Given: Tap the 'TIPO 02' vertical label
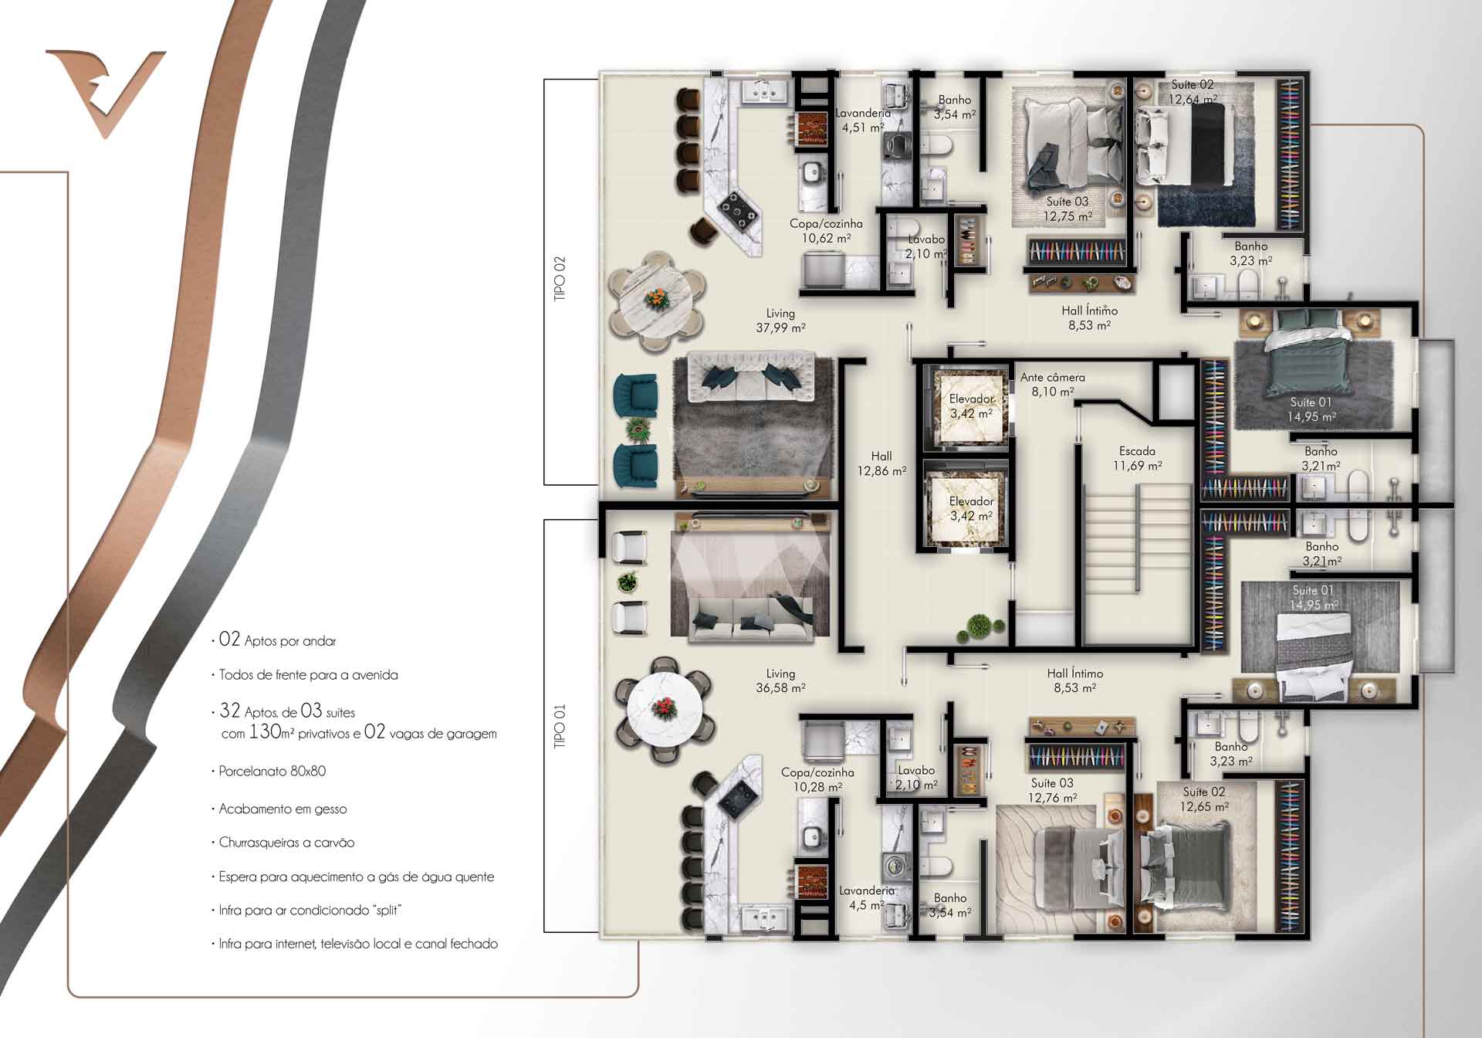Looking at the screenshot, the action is (560, 279).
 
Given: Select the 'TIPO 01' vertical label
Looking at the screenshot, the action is (560, 724).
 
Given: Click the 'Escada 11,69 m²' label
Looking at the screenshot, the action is (1137, 458).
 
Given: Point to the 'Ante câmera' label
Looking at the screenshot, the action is (1053, 378).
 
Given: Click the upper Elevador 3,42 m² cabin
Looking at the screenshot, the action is (970, 407).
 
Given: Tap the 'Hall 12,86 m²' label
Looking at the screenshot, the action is (881, 463).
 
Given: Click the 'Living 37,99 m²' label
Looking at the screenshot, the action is (780, 321).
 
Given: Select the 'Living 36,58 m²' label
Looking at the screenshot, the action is (780, 680).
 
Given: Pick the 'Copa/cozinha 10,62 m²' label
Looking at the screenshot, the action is (826, 231).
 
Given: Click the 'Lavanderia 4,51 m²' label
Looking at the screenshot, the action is (863, 120).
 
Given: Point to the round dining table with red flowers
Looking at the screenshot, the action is (664, 707).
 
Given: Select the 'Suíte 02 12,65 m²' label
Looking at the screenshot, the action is (1204, 799).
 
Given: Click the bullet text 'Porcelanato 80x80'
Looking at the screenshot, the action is (272, 772).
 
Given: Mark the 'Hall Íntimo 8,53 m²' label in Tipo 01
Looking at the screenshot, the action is (1075, 680).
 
